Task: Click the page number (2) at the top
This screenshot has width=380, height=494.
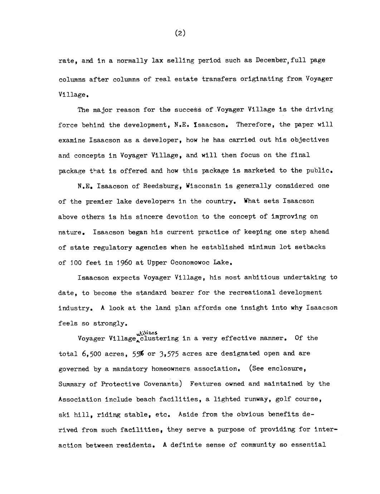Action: (180, 33)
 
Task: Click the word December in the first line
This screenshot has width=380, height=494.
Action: (269, 60)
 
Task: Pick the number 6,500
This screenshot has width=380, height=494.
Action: (91, 354)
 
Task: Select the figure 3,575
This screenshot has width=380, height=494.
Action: (169, 354)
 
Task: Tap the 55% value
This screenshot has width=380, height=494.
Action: (137, 354)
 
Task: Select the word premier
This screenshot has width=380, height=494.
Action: (97, 202)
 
